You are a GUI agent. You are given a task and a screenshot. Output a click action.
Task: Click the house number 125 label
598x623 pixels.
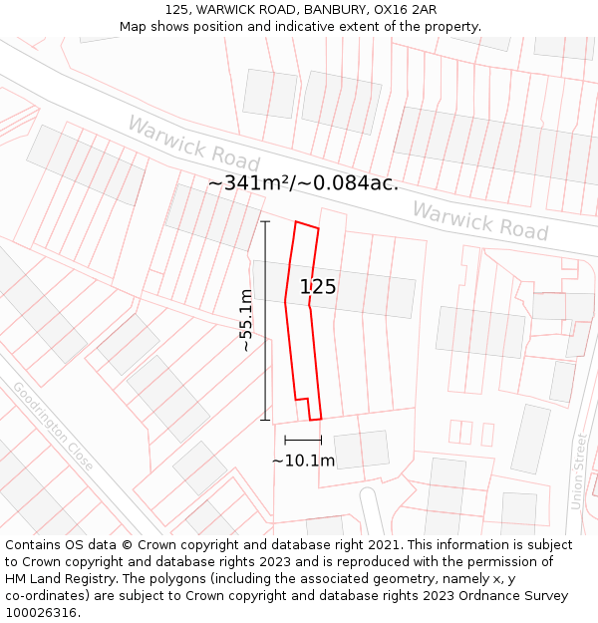click(x=318, y=287)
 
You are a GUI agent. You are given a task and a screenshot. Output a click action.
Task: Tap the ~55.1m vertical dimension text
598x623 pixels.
click(x=246, y=320)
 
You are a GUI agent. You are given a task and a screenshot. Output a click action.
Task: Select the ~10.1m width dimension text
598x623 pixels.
click(x=303, y=461)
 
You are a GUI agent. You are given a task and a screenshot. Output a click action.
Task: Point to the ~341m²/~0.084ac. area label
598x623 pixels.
click(x=303, y=183)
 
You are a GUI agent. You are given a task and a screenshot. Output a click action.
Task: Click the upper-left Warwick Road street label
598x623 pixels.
click(x=193, y=143)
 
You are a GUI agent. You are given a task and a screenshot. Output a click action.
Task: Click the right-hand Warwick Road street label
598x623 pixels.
click(x=480, y=220)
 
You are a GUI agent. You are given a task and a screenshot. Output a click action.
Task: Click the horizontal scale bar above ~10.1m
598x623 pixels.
click(x=303, y=440)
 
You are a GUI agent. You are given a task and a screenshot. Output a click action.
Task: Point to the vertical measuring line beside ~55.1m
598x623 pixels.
click(x=266, y=320)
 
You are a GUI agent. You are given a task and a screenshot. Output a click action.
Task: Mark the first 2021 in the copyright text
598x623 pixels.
click(x=384, y=545)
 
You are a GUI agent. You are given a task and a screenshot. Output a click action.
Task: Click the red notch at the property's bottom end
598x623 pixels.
click(x=314, y=410)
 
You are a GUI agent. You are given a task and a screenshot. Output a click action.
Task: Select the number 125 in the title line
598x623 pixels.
click(x=177, y=9)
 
